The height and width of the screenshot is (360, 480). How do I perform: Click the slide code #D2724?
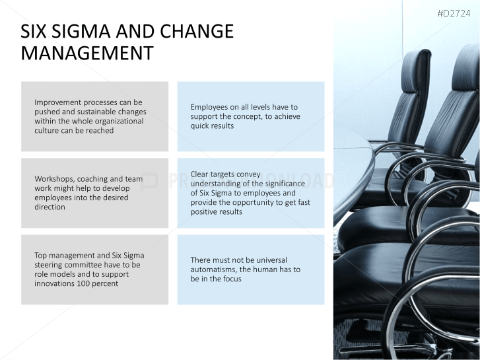(x=458, y=13)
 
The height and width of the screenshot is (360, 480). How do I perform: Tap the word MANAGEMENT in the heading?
(x=87, y=53)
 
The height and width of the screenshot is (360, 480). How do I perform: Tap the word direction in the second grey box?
(x=50, y=207)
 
